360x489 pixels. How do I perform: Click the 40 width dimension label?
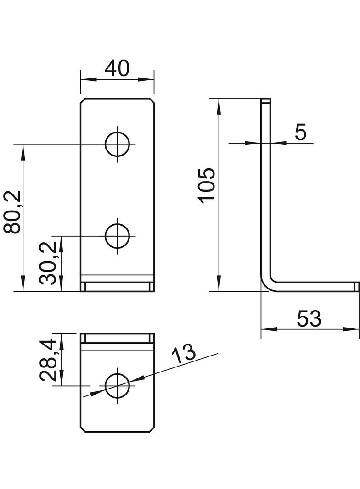[117, 68]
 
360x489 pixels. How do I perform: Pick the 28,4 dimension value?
[47, 360]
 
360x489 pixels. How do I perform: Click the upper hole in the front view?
[117, 144]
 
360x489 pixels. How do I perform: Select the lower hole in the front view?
[117, 236]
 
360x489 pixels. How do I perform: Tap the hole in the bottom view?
[117, 386]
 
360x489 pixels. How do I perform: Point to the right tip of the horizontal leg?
[357, 287]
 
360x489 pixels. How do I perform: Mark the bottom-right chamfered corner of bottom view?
[152, 429]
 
